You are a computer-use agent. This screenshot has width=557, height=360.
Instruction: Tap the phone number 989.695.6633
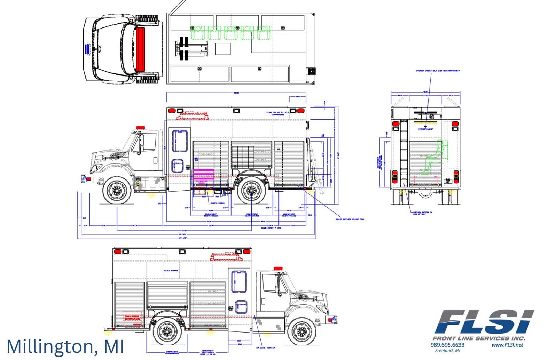(x=447, y=345)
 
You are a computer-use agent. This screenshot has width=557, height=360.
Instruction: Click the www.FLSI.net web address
(x=507, y=345)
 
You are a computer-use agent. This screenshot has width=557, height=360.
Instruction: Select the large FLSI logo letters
(x=484, y=322)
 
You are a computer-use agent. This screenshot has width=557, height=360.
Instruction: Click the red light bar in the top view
(x=140, y=50)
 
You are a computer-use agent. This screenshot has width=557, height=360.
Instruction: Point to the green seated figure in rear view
(x=435, y=157)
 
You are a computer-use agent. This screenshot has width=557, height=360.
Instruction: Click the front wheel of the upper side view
(x=117, y=190)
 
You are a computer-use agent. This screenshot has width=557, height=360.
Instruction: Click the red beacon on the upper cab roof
(x=141, y=128)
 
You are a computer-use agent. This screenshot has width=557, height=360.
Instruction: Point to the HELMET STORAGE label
(x=171, y=270)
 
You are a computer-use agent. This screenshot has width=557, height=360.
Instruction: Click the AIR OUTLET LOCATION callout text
(x=266, y=347)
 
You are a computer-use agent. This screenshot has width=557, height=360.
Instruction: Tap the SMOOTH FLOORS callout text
(x=218, y=203)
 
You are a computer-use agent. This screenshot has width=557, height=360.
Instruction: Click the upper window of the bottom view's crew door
(x=239, y=281)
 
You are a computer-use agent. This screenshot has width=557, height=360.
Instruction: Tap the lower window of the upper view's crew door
(x=178, y=166)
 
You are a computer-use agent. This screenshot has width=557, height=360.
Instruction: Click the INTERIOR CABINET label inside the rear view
(x=426, y=129)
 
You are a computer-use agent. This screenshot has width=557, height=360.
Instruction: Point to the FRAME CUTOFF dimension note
(x=271, y=228)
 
